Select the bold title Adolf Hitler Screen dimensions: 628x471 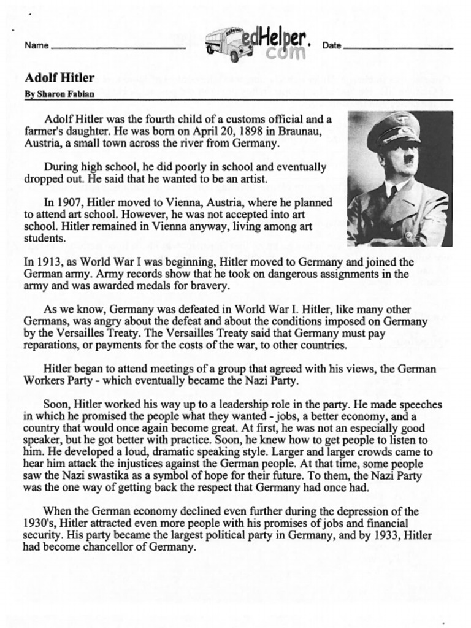click(59, 78)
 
